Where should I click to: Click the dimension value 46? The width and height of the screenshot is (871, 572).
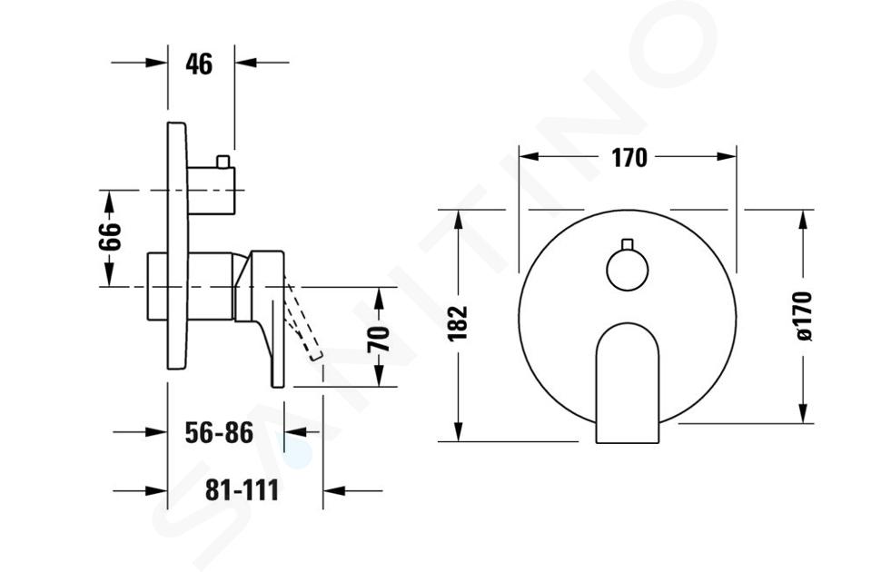tap(199, 64)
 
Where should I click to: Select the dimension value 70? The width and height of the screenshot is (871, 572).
tap(379, 340)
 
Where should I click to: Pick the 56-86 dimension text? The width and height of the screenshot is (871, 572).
tap(219, 432)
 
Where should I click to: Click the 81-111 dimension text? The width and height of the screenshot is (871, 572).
tap(242, 489)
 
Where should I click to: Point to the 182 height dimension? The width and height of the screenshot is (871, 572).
tap(459, 323)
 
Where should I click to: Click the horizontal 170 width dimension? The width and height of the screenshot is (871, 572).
tap(629, 158)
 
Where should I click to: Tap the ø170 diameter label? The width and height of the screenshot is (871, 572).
tap(803, 315)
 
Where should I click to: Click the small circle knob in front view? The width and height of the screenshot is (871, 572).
tap(628, 270)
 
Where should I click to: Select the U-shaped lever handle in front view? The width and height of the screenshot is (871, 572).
tap(628, 383)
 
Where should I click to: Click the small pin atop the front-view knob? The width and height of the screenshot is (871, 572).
tap(628, 244)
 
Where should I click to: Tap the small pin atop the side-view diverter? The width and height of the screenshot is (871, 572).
tap(223, 162)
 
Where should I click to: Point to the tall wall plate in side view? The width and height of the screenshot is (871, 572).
tap(178, 245)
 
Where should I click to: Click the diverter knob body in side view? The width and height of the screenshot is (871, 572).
tap(212, 191)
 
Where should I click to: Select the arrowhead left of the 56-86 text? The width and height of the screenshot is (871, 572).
tap(156, 432)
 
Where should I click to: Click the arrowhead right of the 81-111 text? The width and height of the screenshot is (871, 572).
tap(334, 491)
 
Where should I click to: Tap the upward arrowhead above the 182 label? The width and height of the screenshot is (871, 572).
tap(459, 221)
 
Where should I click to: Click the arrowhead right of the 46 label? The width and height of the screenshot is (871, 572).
tap(245, 63)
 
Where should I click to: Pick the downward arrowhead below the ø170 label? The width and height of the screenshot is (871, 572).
tap(803, 412)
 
